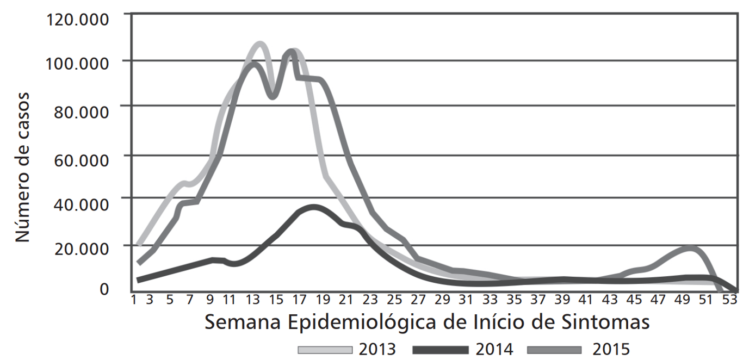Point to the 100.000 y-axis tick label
pos(77,63)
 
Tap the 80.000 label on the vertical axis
pos(81,112)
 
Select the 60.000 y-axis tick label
pos(81,160)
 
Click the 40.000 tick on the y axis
pos(81,204)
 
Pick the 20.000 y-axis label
pos(82,249)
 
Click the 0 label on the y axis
pos(104,289)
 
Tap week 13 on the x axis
pos(253,300)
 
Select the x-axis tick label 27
pos(418,300)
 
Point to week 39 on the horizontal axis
pos(562,300)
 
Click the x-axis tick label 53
pos(730,300)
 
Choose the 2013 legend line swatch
pos(325,350)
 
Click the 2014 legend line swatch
pos(441,350)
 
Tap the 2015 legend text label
pos(611,349)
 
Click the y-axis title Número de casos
pos(22,167)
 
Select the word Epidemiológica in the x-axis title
pos(363,322)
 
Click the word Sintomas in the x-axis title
pos(605,322)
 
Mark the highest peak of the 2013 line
pos(259,44)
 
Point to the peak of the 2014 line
pos(313,208)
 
